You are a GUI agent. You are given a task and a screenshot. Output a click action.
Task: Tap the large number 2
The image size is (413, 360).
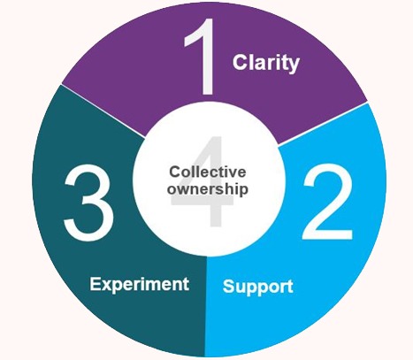tap(327, 202)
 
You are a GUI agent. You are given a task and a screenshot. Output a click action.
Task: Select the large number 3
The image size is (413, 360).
tap(88, 203)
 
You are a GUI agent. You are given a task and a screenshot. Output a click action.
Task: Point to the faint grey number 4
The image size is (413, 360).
tap(203, 181)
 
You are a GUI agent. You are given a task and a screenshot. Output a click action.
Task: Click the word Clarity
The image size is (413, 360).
tap(266, 63)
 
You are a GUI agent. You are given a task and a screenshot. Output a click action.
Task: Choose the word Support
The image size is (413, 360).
tap(258, 287)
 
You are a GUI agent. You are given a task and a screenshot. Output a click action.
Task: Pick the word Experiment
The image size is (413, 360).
tap(140, 285)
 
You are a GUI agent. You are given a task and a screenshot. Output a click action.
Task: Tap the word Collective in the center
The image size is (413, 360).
tap(208, 172)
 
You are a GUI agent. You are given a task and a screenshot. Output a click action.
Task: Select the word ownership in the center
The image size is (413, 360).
tap(208, 189)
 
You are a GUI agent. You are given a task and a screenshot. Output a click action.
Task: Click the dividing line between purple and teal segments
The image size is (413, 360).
tap(103, 111)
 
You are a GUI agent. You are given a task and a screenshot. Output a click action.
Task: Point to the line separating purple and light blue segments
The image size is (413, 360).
tap(323, 124)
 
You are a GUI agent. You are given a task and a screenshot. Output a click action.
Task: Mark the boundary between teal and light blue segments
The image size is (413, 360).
tap(205, 307)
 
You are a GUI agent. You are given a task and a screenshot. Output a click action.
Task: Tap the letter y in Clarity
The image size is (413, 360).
tap(294, 65)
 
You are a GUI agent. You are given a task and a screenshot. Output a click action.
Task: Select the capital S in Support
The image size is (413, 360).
tap(229, 286)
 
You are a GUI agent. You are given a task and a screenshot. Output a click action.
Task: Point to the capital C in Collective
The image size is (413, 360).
tap(174, 172)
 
